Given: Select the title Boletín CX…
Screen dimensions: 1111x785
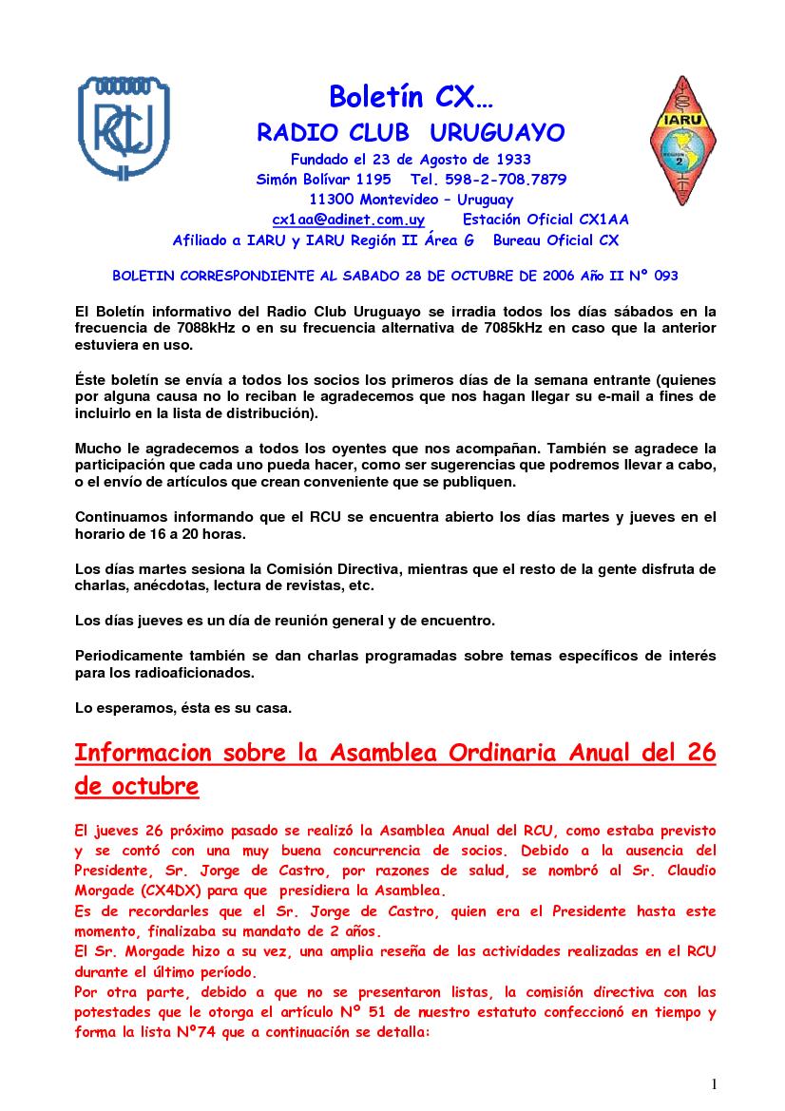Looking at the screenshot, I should [411, 96].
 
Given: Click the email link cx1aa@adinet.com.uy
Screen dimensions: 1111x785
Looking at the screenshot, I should [349, 220].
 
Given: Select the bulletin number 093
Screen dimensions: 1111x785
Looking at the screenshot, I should [665, 276].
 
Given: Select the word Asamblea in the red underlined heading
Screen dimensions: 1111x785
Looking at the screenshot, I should [380, 754].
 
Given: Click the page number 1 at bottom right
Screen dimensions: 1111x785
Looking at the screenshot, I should [714, 1084].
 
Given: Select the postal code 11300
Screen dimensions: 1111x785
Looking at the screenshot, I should [332, 200].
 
